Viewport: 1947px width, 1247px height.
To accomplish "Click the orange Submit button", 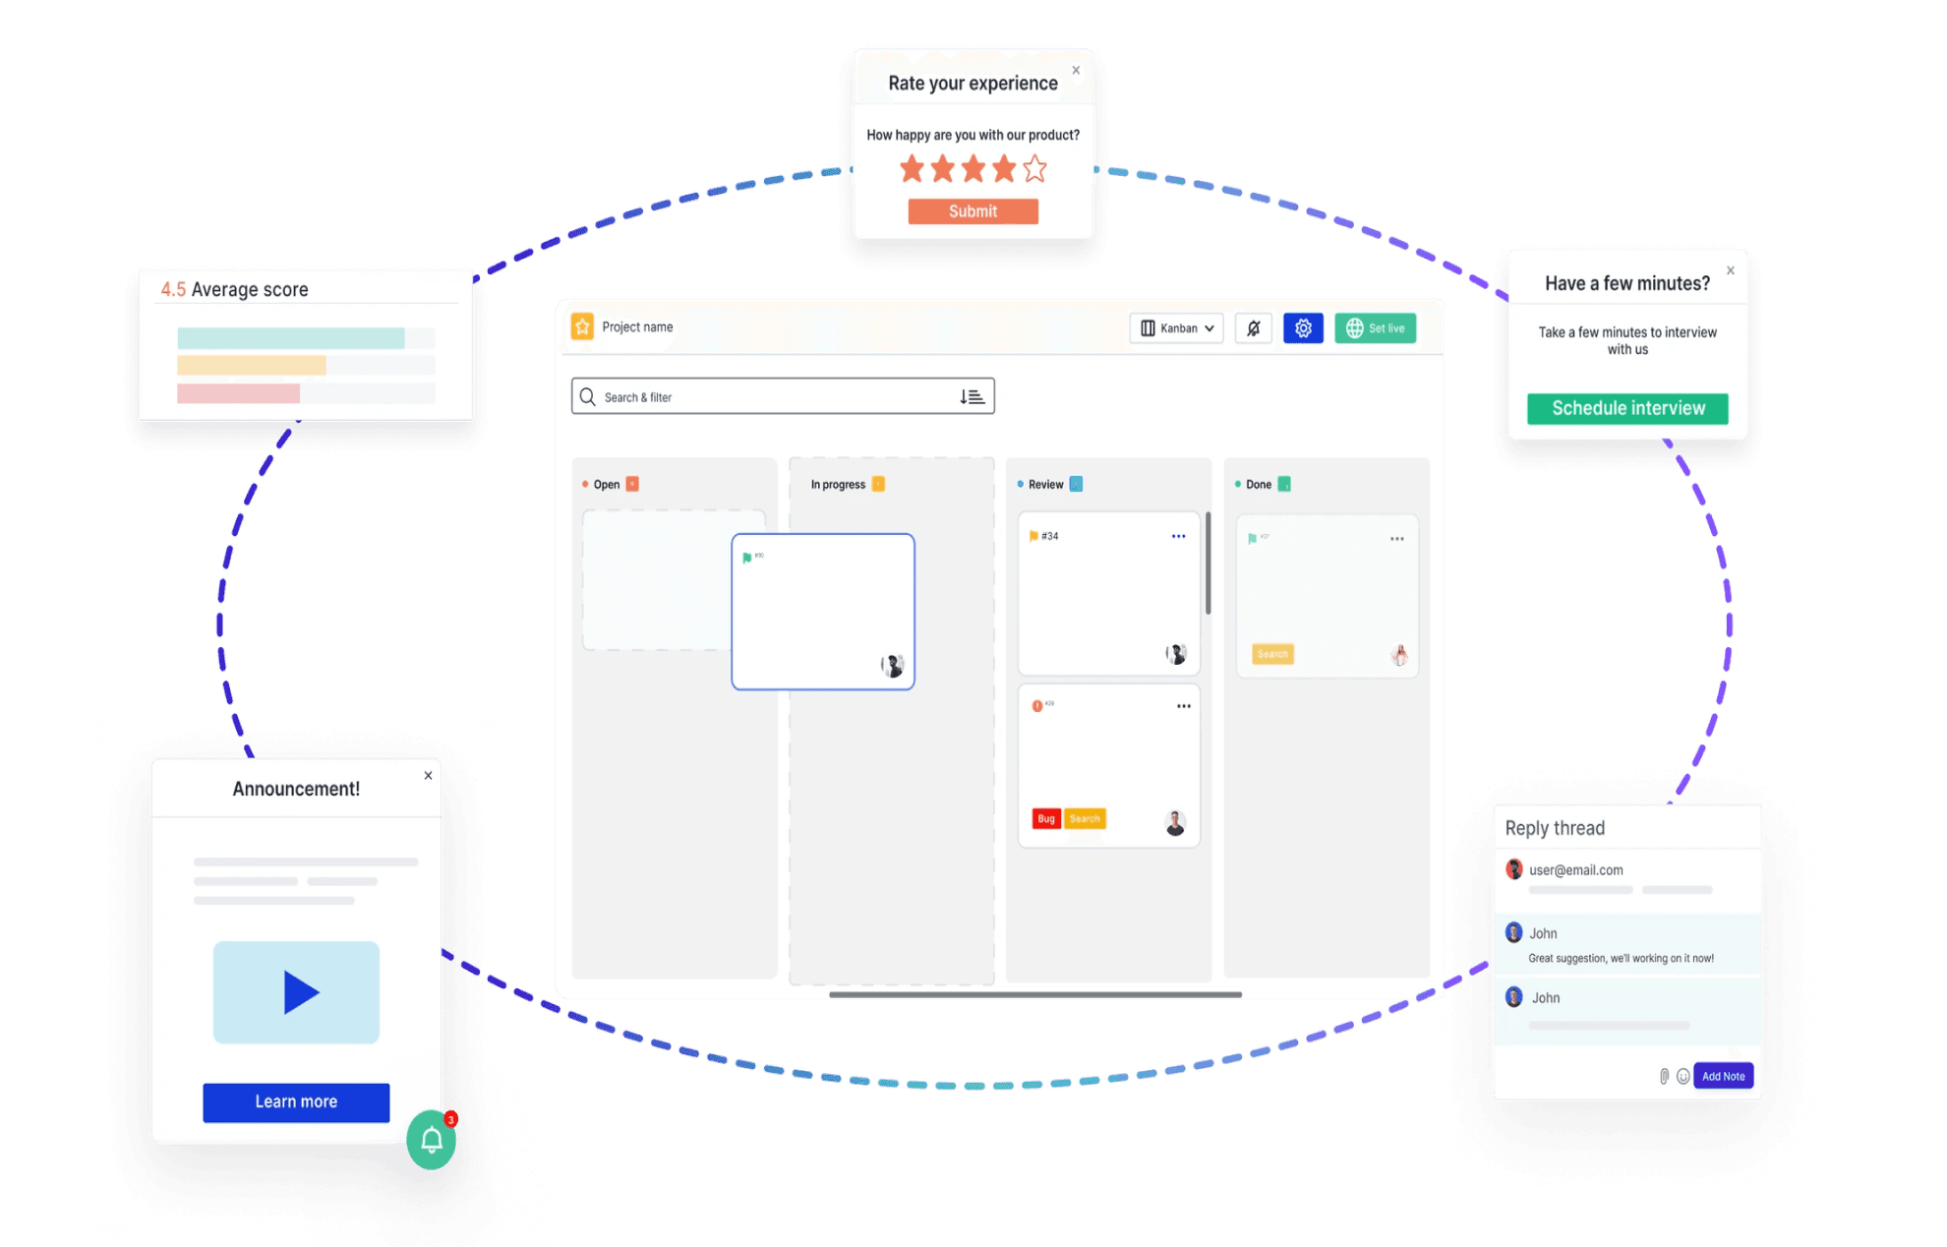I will pos(973,211).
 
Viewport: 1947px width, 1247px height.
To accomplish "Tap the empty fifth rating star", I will pos(1034,169).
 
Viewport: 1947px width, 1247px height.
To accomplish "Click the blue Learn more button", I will pos(296,1101).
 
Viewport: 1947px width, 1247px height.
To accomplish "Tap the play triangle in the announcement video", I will pos(299,992).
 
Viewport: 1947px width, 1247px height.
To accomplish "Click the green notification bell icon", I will pos(432,1140).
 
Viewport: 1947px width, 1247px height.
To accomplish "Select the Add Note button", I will pos(1723,1076).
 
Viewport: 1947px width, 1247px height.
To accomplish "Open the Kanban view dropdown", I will pos(1176,328).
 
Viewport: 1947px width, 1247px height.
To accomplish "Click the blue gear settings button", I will pos(1303,328).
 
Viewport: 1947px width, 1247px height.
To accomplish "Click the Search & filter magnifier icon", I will pos(588,396).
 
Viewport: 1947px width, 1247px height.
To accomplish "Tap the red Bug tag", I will pos(1046,818).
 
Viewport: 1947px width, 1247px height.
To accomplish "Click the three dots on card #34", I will pos(1178,536).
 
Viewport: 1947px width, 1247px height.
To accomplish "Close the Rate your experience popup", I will pos(1076,70).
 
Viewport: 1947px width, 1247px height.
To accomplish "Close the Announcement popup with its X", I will pos(428,775).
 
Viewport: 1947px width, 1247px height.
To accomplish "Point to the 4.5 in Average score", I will pos(173,289).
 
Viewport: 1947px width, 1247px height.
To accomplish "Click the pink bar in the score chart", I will pos(238,393).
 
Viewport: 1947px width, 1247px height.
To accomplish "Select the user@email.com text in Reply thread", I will pos(1575,870).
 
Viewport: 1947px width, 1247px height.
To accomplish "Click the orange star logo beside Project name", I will pos(582,327).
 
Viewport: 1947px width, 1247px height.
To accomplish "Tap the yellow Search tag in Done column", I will pos(1272,654).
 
